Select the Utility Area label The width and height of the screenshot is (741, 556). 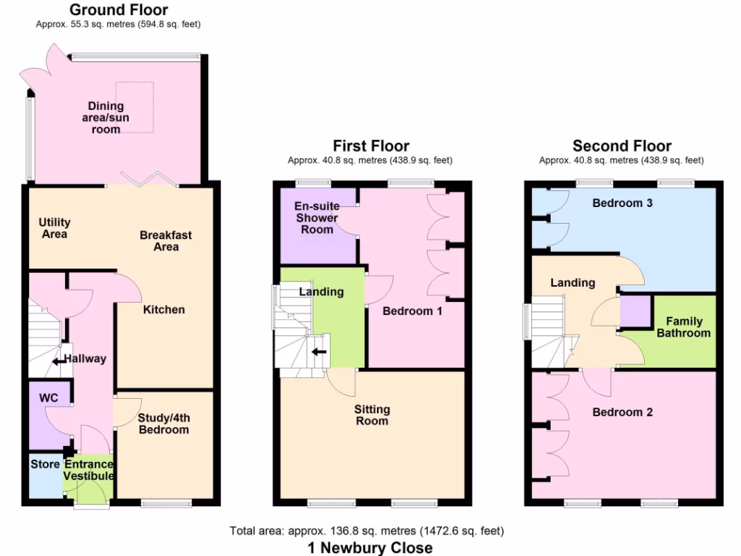click(54, 228)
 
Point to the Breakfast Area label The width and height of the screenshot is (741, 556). click(166, 240)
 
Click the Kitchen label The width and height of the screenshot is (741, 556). click(164, 309)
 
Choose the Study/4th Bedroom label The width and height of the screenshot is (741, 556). click(163, 424)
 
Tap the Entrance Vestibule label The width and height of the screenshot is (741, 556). click(88, 470)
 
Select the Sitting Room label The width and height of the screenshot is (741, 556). click(371, 415)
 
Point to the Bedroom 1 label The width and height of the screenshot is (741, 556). click(412, 311)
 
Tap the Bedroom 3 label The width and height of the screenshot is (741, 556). click(622, 203)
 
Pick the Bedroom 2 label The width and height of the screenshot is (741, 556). click(622, 412)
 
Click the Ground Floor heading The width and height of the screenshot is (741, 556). click(118, 10)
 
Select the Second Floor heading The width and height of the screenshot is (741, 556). click(622, 146)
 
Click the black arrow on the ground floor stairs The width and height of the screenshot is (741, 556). click(56, 363)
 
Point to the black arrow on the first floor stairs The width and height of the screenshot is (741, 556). click(318, 353)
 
